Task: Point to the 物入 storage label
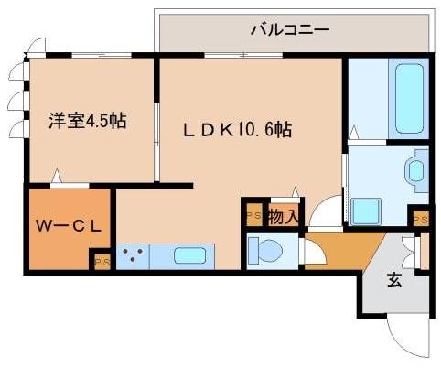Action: [x=282, y=216]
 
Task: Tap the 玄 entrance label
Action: [x=393, y=281]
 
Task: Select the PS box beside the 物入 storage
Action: [x=253, y=216]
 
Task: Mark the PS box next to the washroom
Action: [x=419, y=220]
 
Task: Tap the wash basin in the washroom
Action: [x=414, y=170]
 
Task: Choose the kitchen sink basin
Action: [x=190, y=255]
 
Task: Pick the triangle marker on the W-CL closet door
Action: [x=57, y=174]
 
